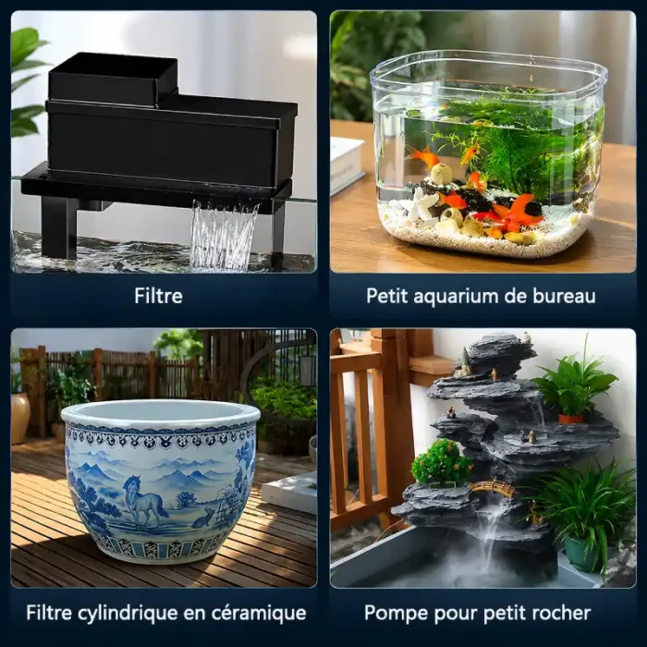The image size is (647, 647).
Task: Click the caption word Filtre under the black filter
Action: point(158,296)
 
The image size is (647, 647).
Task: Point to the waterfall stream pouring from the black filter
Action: point(223,235)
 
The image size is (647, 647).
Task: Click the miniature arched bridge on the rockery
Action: point(492,488)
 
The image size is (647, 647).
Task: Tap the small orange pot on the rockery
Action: point(571,419)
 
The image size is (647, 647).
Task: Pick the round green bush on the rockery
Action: point(441,461)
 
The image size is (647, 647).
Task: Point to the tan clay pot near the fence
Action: point(19,418)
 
